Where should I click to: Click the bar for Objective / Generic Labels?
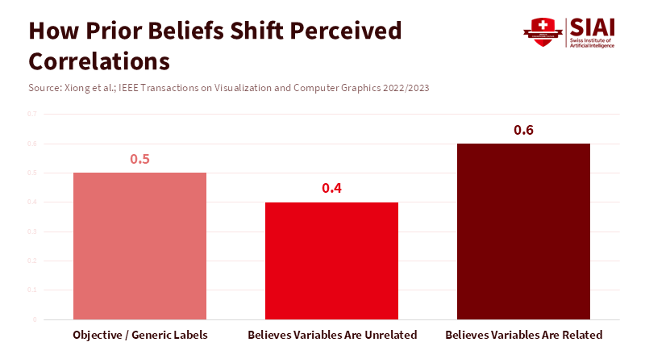click(x=139, y=246)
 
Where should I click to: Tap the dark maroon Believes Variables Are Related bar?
click(x=523, y=232)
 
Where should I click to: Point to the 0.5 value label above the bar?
click(x=139, y=159)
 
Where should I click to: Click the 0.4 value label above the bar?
click(x=331, y=188)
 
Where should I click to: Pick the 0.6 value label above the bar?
click(x=523, y=130)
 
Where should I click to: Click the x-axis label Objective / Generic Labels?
click(x=140, y=335)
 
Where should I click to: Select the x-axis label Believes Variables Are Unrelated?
click(x=332, y=335)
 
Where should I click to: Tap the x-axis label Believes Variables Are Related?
click(x=523, y=335)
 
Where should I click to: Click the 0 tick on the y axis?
click(x=35, y=319)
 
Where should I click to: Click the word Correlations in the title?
click(x=99, y=61)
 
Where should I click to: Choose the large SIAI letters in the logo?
click(x=592, y=26)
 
